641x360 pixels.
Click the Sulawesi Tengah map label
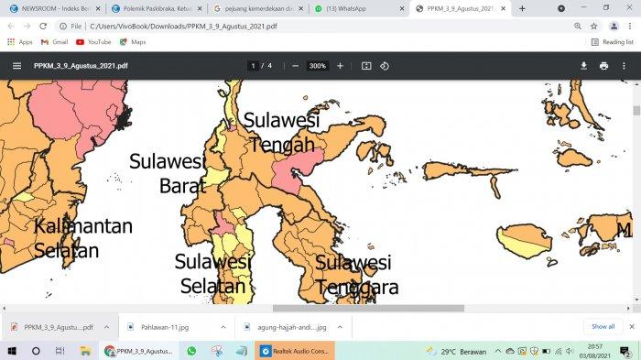(281, 133)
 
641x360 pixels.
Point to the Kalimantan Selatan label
(83, 237)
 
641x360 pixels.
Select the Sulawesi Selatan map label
(213, 274)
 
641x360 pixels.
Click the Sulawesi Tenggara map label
(356, 275)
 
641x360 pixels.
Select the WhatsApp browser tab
(353, 8)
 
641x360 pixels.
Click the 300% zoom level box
(318, 66)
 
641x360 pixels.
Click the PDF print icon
(603, 66)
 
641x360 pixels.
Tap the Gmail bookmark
(54, 42)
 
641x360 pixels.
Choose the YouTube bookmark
(93, 42)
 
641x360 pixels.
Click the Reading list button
(613, 42)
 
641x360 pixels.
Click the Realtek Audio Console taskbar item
(295, 351)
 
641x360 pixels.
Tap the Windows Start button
(12, 351)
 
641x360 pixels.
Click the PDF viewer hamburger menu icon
(16, 66)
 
